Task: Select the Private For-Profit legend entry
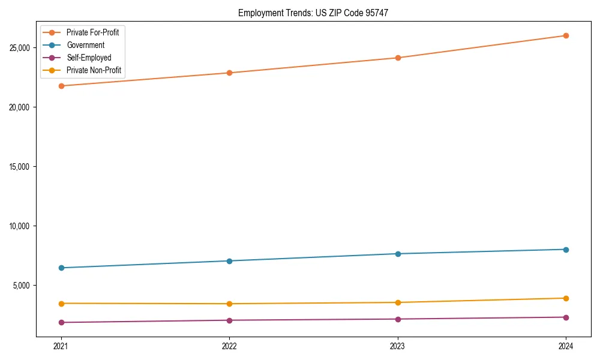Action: tap(92, 32)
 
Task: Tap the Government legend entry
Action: tap(85, 45)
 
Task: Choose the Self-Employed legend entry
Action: tap(89, 58)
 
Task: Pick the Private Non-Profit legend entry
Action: tap(94, 70)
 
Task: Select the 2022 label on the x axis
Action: tap(229, 346)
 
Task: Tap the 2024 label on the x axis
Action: tap(566, 346)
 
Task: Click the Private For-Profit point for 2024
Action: tap(566, 35)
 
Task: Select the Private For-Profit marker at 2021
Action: tap(61, 86)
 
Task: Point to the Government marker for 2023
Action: tap(397, 254)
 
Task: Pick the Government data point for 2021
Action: tap(61, 268)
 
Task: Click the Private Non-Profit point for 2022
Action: tap(229, 304)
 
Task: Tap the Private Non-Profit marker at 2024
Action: tap(566, 298)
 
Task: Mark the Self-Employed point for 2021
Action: tap(61, 322)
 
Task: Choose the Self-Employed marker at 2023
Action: tap(397, 319)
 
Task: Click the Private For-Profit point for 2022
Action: tap(229, 73)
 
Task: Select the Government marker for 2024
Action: tap(566, 250)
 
